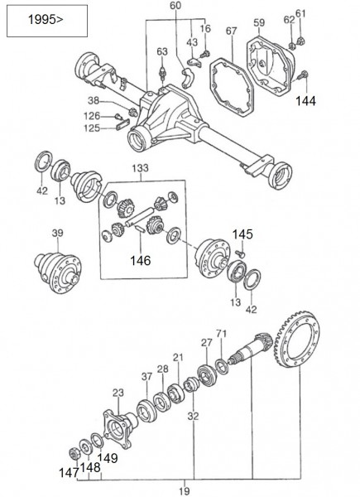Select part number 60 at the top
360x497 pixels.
(x=175, y=7)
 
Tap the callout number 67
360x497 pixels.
(x=231, y=31)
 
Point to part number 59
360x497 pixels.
(x=258, y=22)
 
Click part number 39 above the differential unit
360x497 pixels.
(x=57, y=234)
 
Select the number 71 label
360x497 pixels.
(x=221, y=333)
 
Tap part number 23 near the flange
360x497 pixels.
(x=118, y=393)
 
